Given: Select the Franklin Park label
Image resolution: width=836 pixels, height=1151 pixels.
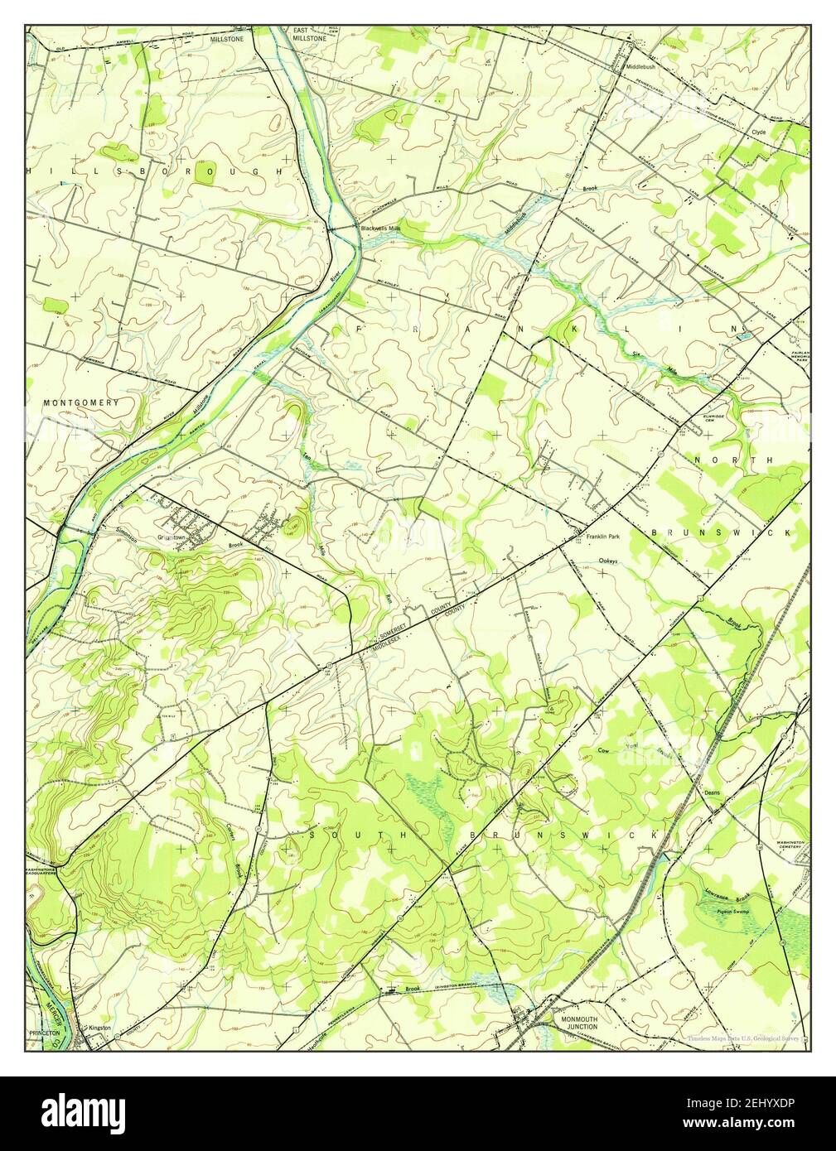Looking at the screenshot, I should point(602,537).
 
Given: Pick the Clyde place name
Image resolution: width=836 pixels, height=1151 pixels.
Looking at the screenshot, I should point(758,132).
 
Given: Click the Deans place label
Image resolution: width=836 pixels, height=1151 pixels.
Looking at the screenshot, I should point(712,792).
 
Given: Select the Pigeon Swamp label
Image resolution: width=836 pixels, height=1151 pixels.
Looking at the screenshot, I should point(718,910).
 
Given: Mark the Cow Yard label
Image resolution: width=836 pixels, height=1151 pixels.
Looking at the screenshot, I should point(631,751).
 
